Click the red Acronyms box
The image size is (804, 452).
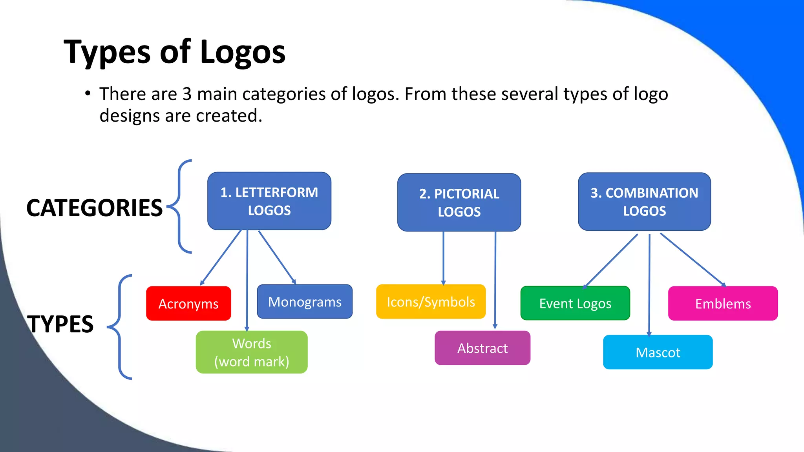(x=188, y=303)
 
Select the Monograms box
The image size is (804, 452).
(x=305, y=302)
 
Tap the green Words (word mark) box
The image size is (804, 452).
(x=252, y=352)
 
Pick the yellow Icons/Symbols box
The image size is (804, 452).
(x=431, y=302)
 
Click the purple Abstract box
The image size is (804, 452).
(x=482, y=348)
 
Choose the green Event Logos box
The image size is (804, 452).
(x=575, y=303)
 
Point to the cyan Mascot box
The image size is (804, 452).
(x=658, y=352)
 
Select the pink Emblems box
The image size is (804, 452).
(x=723, y=303)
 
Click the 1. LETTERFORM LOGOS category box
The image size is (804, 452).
(x=269, y=201)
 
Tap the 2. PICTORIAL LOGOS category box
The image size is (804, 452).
(x=459, y=202)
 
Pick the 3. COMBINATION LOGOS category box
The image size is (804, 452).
(x=644, y=202)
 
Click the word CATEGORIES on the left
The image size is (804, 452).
(x=94, y=208)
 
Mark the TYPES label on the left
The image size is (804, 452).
(x=60, y=324)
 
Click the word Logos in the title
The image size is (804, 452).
(x=243, y=52)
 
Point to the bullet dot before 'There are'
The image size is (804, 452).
(x=88, y=94)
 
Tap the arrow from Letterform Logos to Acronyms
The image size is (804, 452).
(x=221, y=257)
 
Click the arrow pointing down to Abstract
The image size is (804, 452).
(x=495, y=281)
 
